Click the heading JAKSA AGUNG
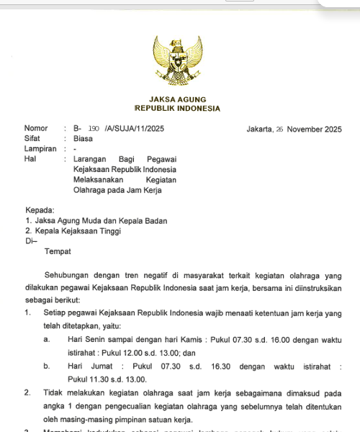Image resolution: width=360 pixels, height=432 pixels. [177, 99]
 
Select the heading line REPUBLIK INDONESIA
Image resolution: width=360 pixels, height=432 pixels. [177, 109]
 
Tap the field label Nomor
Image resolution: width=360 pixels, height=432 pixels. [36, 129]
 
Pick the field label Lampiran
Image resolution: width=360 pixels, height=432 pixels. [40, 149]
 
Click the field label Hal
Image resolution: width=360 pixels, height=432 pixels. [30, 159]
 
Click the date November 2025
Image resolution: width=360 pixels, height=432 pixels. [314, 130]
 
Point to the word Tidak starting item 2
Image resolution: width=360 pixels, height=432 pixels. [55, 394]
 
